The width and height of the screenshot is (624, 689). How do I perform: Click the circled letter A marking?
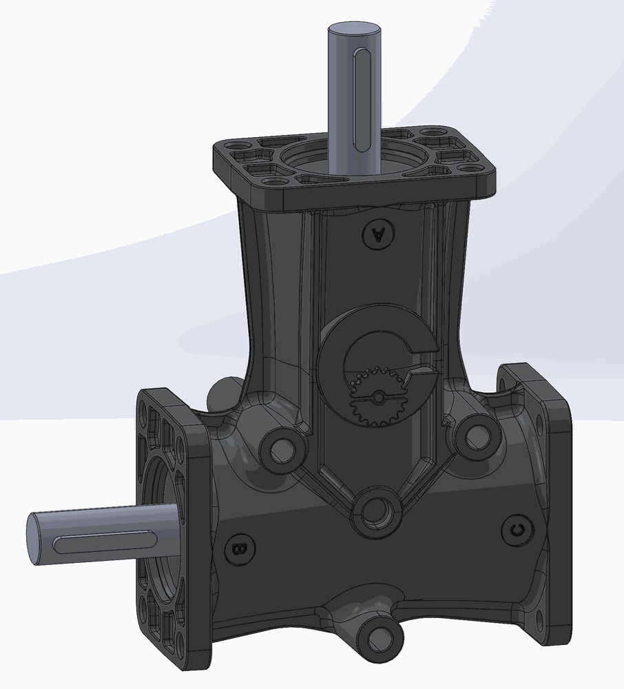pyautogui.click(x=378, y=234)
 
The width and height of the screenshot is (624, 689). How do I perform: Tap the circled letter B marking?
pyautogui.click(x=239, y=549)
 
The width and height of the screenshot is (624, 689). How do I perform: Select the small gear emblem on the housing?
pyautogui.click(x=377, y=397)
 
